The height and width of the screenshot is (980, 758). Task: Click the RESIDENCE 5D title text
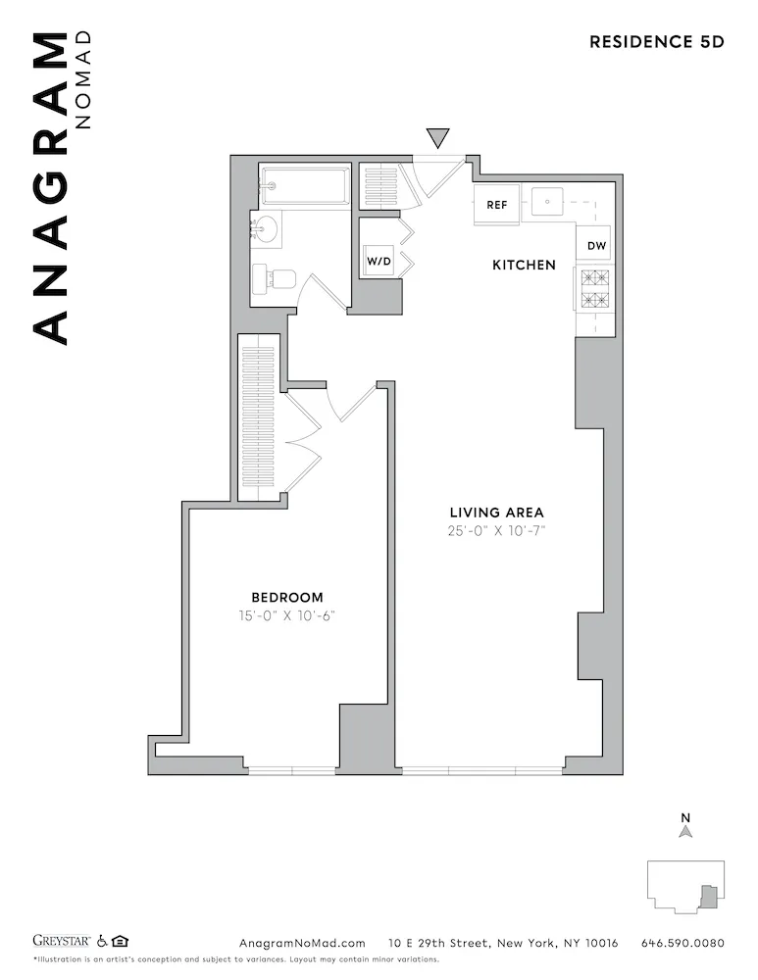click(656, 41)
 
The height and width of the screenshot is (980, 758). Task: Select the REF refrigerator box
click(497, 206)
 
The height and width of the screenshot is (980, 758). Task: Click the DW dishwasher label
click(595, 246)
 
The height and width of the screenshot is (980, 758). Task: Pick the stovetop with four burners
click(594, 291)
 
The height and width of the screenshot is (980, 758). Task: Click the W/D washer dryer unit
click(379, 262)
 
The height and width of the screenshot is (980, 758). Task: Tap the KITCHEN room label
click(524, 266)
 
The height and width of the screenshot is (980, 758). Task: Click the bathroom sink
click(265, 229)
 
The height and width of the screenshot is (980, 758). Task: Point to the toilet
click(274, 279)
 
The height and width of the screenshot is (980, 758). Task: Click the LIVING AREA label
click(496, 513)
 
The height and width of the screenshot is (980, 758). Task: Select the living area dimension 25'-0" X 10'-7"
click(496, 532)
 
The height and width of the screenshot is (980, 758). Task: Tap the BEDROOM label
click(287, 597)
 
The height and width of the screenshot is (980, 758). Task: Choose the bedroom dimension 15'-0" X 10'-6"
click(287, 616)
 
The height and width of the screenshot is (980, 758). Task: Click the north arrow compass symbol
click(686, 829)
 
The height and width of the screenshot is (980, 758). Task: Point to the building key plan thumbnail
click(686, 886)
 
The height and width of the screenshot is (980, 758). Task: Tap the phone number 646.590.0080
click(682, 944)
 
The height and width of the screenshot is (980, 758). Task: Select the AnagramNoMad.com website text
click(302, 944)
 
